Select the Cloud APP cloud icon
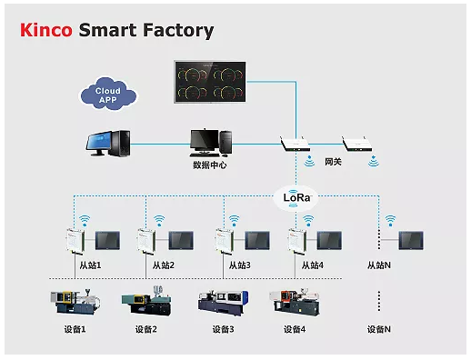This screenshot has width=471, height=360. pos(108,94)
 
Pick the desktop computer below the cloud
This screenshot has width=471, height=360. pos(107,142)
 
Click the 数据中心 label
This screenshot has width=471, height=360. pos(209,165)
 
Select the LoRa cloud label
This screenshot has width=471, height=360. pos(296,195)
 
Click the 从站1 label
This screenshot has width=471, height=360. pos(89,265)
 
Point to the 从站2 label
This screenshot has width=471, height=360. pos(164,265)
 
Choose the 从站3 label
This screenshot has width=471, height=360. pos(239,265)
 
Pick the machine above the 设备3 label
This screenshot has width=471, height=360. pos(221,302)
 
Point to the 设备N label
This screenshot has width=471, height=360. pos(378,329)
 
